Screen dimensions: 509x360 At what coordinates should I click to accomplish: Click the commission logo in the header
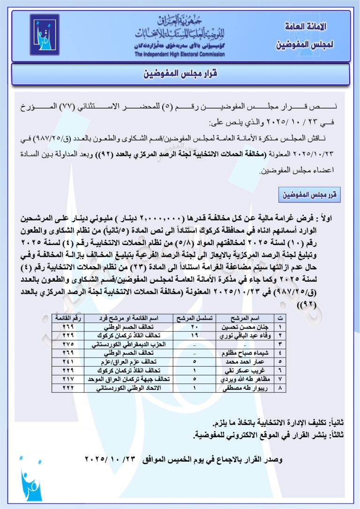45,34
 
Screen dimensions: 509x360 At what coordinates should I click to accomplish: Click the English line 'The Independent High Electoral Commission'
180,54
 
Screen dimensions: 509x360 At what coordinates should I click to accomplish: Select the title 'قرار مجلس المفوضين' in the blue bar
180,74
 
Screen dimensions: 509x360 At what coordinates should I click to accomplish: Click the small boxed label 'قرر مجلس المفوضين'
309,194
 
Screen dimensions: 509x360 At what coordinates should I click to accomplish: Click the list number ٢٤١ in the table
67,362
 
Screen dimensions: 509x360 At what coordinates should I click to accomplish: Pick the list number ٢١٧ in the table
67,379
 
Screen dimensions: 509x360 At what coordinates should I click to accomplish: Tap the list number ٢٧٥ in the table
67,344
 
